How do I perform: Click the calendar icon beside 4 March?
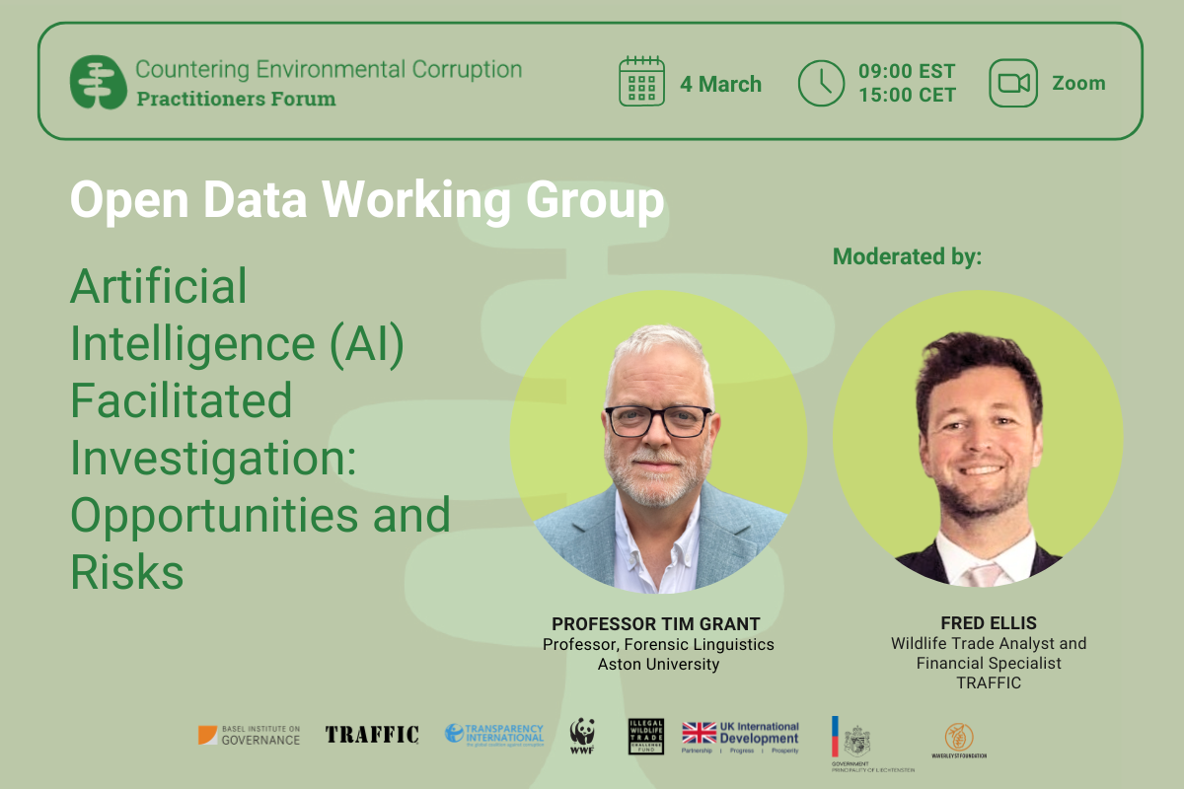tap(642, 82)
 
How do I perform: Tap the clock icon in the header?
tap(821, 82)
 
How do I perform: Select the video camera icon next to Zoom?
tap(1013, 83)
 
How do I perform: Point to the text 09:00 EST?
tap(907, 71)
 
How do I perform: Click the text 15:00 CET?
tap(907, 96)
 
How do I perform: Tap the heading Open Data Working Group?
tap(367, 201)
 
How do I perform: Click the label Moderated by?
tap(908, 257)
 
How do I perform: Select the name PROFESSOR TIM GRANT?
tap(656, 623)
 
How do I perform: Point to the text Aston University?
tap(658, 665)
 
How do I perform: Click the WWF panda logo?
tap(582, 735)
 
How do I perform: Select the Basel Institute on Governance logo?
tap(249, 735)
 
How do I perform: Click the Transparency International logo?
tap(494, 734)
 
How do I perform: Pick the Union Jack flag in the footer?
tap(700, 733)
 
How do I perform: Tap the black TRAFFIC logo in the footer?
tap(372, 735)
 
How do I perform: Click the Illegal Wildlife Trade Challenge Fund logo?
tap(646, 736)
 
